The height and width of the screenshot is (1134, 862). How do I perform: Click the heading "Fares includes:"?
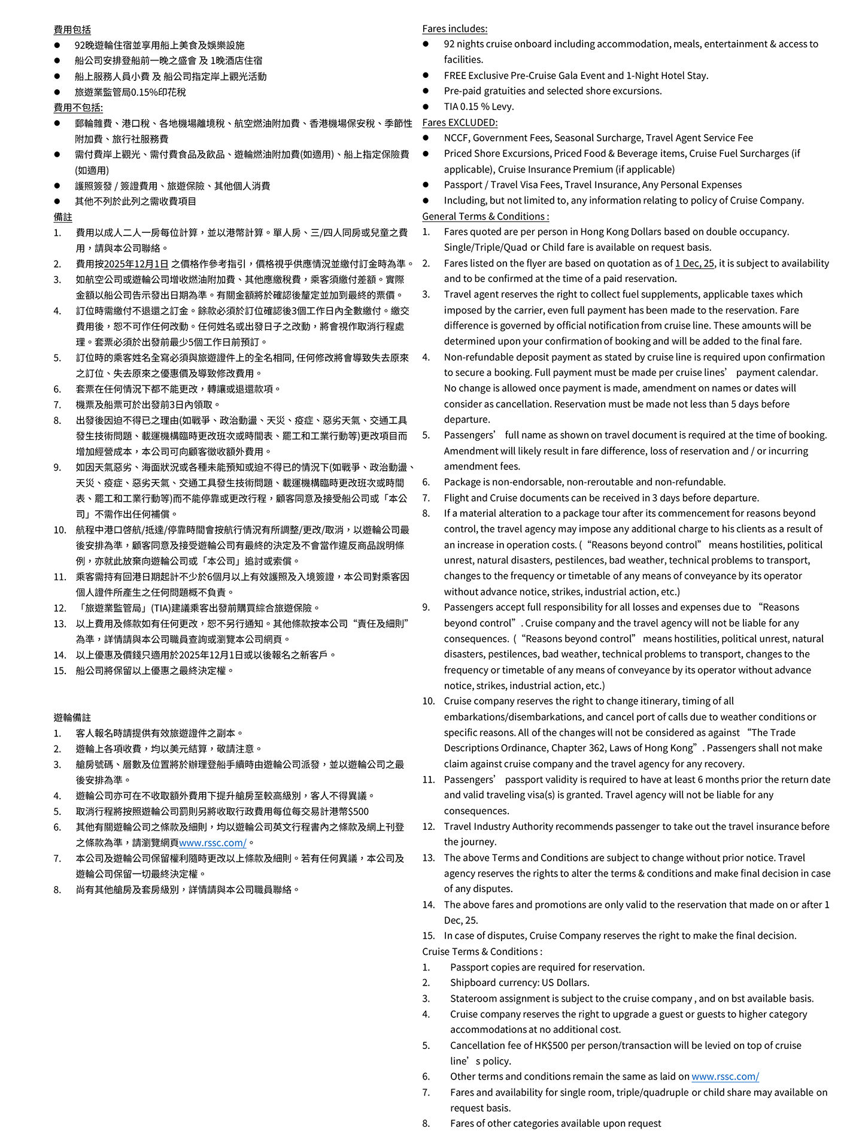(x=454, y=29)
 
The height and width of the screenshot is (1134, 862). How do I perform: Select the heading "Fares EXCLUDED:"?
(x=460, y=122)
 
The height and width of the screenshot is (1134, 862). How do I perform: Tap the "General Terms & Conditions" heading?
(x=484, y=216)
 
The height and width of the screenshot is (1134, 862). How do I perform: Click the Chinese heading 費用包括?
(x=72, y=29)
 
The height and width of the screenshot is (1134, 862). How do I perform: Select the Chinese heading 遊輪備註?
(x=72, y=717)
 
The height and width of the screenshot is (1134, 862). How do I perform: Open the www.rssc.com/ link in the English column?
(x=725, y=1077)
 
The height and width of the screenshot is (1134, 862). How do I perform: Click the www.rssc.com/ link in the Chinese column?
(x=213, y=842)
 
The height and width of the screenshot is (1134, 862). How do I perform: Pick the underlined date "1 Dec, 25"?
(x=694, y=263)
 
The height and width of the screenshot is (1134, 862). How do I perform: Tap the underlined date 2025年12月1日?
(x=136, y=263)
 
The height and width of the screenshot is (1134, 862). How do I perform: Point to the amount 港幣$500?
(x=342, y=811)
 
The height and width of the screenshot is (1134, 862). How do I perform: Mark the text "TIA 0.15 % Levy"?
(x=479, y=107)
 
